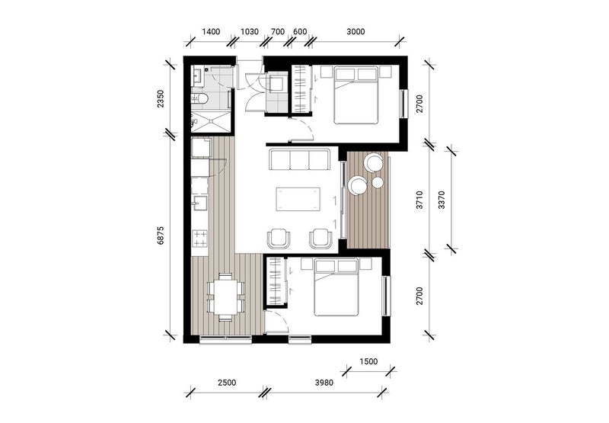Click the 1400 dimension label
click(211, 32)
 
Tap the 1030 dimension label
click(250, 32)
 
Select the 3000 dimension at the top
click(355, 32)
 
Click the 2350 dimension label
click(160, 100)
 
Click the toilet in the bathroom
click(202, 98)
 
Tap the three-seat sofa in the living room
click(298, 161)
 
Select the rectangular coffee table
click(298, 199)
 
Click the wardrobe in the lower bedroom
click(276, 282)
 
